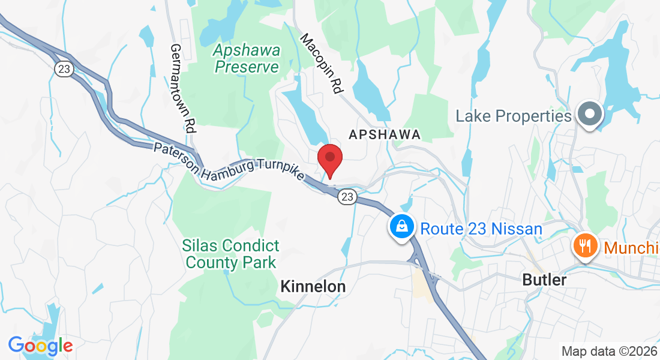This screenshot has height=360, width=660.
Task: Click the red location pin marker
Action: pos(329,159)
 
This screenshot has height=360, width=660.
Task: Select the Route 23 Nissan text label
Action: pos(481,229)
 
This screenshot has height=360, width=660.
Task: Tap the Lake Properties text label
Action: pos(514,115)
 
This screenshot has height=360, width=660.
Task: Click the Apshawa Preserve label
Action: pos(247,59)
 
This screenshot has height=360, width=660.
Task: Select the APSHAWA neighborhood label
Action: pos(385,134)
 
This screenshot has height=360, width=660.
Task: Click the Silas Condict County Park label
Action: pos(231,254)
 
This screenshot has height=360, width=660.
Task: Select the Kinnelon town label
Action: pos(313,287)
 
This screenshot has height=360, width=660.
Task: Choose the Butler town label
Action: pos(544,280)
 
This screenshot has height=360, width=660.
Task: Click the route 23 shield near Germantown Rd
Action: pos(63,69)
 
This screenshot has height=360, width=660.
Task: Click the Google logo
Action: pos(40,346)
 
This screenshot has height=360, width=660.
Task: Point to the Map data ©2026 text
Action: pos(608,351)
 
